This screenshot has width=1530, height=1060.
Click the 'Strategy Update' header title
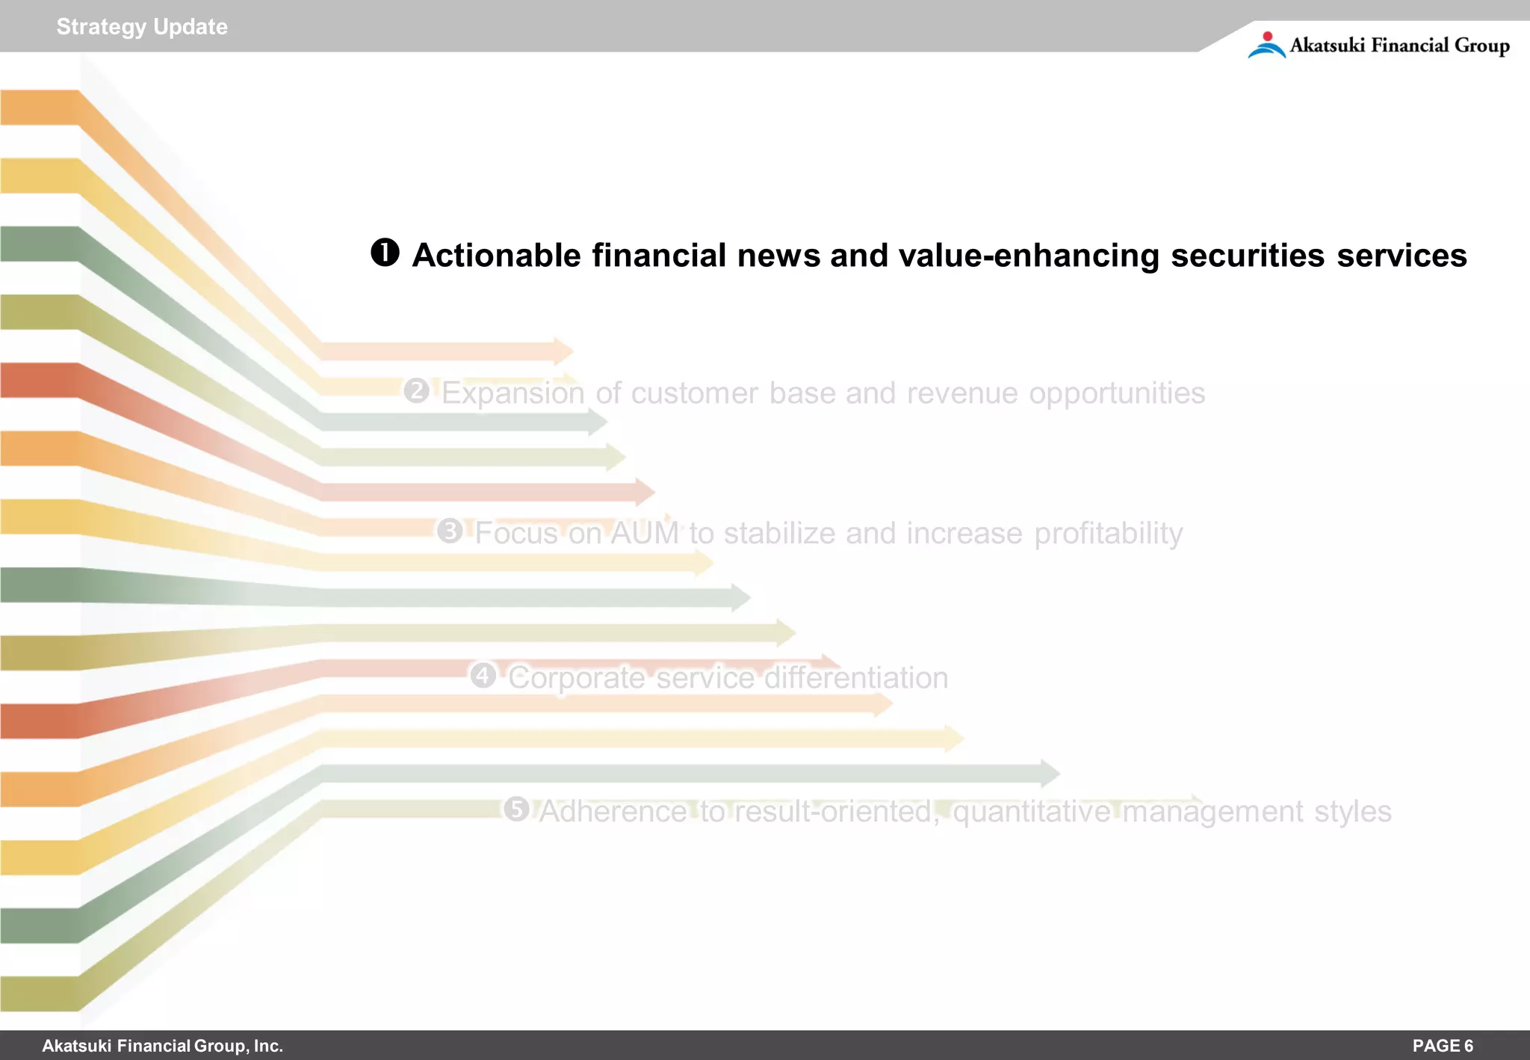142,27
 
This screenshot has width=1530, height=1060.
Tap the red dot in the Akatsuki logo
1267,36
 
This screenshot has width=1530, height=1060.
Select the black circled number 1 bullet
385,253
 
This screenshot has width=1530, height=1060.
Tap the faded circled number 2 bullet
417,390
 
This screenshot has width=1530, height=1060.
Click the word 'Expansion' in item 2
513,393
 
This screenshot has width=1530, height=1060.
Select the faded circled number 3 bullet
450,531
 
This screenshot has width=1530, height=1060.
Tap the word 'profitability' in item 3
1109,533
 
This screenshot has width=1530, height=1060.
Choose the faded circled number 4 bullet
483,675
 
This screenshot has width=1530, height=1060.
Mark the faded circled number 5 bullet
516,809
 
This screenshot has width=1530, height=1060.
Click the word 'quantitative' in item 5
1032,812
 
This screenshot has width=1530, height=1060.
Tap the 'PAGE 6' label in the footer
1443,1046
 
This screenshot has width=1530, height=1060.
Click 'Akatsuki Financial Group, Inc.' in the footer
162,1046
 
